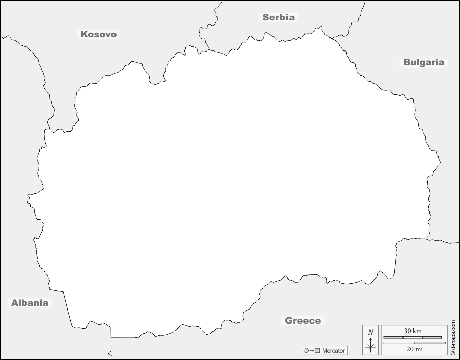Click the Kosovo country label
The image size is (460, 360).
(x=99, y=34)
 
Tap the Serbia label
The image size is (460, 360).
(x=278, y=17)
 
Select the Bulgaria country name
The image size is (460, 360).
(x=424, y=63)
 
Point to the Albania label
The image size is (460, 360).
(x=30, y=303)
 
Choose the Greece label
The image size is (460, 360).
(x=303, y=321)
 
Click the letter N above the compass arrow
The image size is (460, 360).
(x=371, y=332)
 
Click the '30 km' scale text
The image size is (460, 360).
(x=413, y=331)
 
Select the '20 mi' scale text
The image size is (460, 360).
(x=414, y=349)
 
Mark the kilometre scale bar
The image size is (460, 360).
(x=413, y=337)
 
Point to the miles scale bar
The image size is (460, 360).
(x=414, y=343)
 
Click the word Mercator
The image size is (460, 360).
(x=334, y=350)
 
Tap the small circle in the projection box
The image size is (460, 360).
(x=306, y=350)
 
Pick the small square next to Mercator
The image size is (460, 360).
(x=318, y=350)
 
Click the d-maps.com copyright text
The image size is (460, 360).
(x=453, y=338)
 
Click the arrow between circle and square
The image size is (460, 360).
(x=312, y=350)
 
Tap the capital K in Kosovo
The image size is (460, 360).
(x=84, y=34)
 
